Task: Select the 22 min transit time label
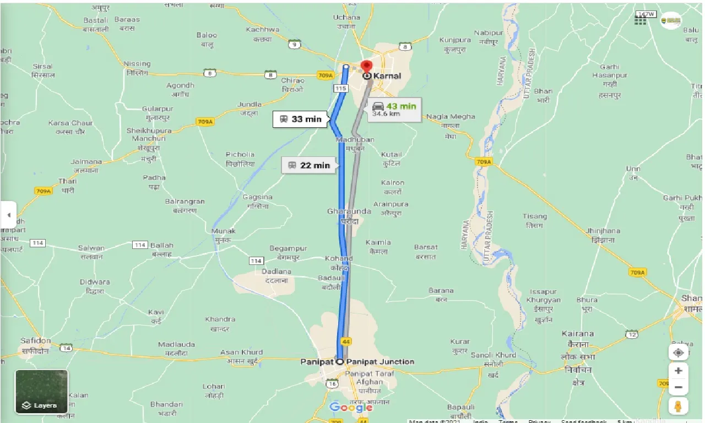click(x=309, y=165)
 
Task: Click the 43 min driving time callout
click(x=394, y=109)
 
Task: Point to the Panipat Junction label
click(x=381, y=362)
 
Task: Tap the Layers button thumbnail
click(x=42, y=392)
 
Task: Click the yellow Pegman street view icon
click(x=679, y=406)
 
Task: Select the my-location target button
click(x=679, y=352)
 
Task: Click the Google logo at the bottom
click(x=351, y=408)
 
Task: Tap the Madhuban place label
click(x=355, y=140)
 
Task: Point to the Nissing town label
click(x=137, y=64)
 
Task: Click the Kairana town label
click(x=578, y=334)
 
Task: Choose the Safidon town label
click(x=36, y=341)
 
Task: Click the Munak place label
click(x=224, y=231)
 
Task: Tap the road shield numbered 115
click(x=340, y=88)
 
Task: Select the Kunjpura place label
click(x=455, y=40)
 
